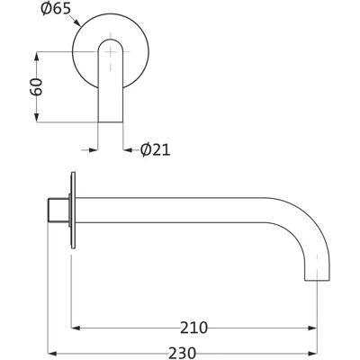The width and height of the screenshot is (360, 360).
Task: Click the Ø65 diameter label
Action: coord(56,9)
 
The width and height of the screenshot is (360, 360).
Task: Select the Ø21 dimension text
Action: coord(156,149)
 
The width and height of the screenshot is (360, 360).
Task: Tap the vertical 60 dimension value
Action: coord(36,86)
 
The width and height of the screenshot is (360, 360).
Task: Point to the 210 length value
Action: coord(193,328)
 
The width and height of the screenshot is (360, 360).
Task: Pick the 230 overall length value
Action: coord(182,353)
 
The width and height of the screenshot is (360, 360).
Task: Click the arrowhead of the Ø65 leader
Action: coord(77,22)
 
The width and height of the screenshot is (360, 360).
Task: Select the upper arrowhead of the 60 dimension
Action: coord(37,57)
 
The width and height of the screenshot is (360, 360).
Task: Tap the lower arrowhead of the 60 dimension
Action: coord(37,118)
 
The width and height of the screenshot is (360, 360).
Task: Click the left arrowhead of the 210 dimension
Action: coord(76,328)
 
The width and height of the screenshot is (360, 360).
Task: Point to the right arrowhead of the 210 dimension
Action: coord(312,328)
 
